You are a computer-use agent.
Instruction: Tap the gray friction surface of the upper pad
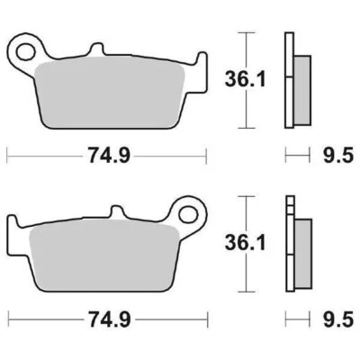[x=112, y=94]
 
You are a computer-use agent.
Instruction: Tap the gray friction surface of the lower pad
[x=108, y=261]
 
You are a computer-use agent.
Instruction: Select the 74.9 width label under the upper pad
[x=111, y=155]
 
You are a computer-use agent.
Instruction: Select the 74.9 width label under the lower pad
[x=111, y=319]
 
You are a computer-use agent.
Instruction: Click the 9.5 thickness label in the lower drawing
[x=334, y=319]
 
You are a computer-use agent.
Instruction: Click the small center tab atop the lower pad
[x=114, y=214]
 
